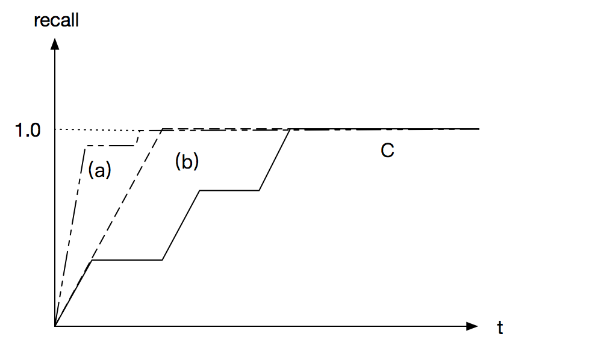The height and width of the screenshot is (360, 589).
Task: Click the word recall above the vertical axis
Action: [57, 20]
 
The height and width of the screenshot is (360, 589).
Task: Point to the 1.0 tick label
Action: [28, 130]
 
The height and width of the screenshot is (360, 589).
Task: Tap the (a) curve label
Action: [99, 171]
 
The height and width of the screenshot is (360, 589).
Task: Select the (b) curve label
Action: [187, 161]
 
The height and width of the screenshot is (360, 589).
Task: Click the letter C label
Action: [387, 151]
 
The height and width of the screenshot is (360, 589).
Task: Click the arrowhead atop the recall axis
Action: [55, 43]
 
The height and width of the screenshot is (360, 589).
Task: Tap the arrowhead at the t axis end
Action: [473, 326]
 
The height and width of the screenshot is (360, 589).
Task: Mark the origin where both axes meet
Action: [55, 326]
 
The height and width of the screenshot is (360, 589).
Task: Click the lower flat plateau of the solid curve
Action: [126, 260]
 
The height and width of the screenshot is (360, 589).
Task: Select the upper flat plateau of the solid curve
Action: [229, 190]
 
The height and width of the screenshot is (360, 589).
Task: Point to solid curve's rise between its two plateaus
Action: [181, 225]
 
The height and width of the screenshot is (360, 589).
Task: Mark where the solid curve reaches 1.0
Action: [291, 129]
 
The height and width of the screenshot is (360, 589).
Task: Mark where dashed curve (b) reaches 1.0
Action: [163, 129]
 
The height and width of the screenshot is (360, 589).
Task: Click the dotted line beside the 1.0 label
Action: [96, 129]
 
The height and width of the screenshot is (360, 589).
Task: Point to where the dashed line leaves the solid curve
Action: [91, 260]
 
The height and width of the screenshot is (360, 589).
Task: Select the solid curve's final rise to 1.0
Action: [275, 160]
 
